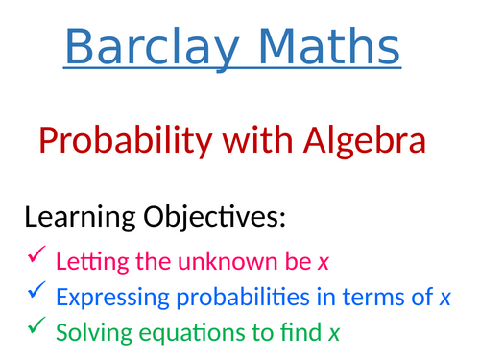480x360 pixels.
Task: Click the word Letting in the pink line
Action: coord(87,261)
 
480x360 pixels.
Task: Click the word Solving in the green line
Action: coord(90,334)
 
